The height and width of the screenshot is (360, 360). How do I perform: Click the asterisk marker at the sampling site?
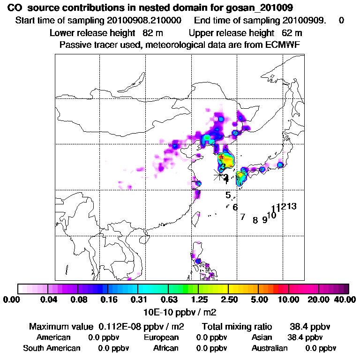pos(219,175)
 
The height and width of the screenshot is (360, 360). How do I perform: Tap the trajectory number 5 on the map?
pos(228,195)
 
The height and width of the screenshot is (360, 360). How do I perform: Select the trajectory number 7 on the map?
pos(242,217)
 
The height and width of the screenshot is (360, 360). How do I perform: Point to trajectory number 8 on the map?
pos(255,220)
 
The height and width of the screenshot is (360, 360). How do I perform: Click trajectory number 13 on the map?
pos(292,206)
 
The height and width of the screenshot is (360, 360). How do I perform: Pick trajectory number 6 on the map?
pos(235,207)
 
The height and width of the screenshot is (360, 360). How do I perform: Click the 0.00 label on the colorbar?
pos(13,300)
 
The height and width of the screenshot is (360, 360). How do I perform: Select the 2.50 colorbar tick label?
pos(229,300)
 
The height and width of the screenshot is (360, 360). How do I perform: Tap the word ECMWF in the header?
pos(283,45)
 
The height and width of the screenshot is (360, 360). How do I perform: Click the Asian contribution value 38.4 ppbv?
pos(305,337)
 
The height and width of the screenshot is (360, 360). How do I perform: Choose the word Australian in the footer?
pos(270,348)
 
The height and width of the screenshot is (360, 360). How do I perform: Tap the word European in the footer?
pos(161,337)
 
